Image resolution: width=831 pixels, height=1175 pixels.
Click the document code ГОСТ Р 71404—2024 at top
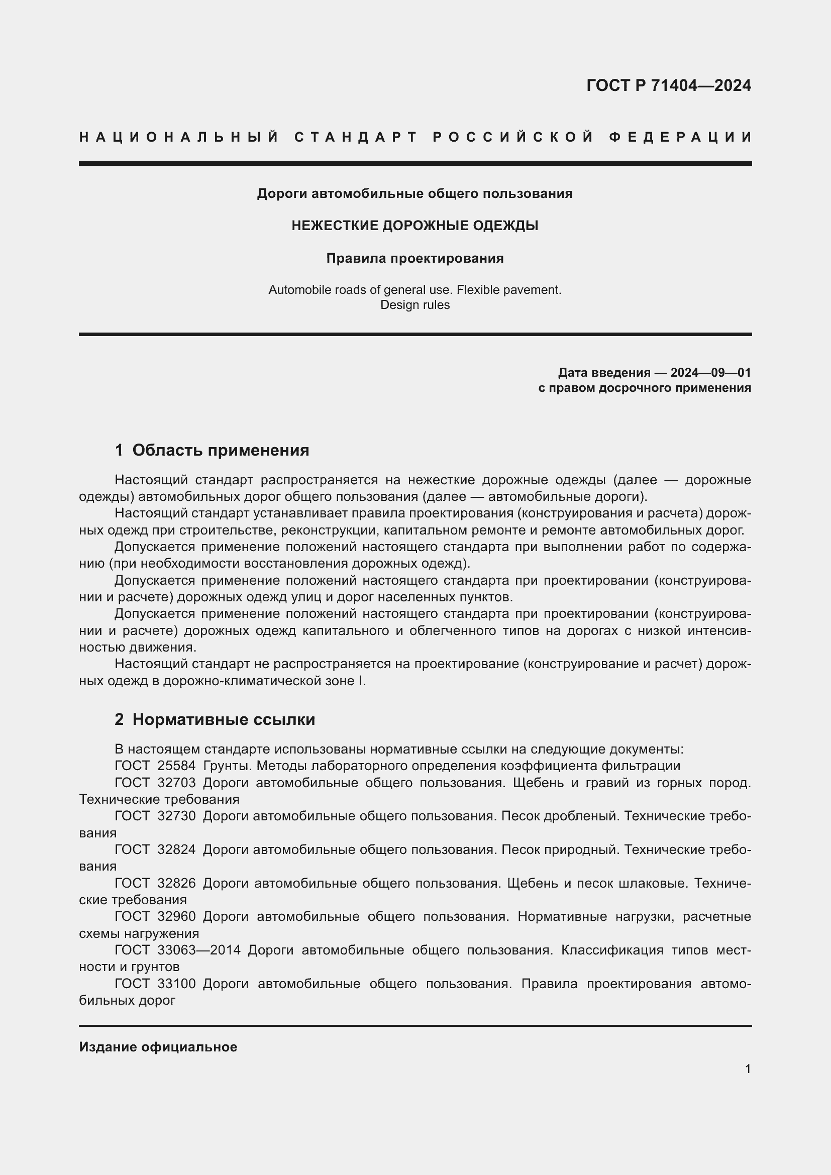click(x=668, y=85)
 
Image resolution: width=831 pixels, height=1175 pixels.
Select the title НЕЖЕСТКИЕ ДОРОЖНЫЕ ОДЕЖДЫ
click(x=414, y=226)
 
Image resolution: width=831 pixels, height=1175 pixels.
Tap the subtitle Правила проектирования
click(x=414, y=258)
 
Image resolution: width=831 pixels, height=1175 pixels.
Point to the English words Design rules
click(x=414, y=305)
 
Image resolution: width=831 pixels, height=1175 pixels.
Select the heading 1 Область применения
click(x=212, y=450)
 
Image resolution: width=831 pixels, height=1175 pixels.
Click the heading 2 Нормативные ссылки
click(x=215, y=719)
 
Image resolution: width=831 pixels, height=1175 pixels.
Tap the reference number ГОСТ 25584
click(x=155, y=766)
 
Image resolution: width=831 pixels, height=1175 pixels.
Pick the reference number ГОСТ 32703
click(x=155, y=783)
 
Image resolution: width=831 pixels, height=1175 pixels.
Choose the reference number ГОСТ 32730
click(x=155, y=816)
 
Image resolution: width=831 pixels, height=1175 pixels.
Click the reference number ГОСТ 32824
click(x=155, y=849)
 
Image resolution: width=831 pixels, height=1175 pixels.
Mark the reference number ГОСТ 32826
click(x=155, y=883)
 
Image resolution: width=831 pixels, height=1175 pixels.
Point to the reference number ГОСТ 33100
click(x=155, y=984)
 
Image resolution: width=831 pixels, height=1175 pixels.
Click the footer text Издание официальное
click(x=158, y=1047)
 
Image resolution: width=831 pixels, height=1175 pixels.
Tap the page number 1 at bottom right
click(x=748, y=1069)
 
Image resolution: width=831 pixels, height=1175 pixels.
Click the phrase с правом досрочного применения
click(x=644, y=388)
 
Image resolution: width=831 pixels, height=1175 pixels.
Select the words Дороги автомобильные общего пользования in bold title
click(x=414, y=194)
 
